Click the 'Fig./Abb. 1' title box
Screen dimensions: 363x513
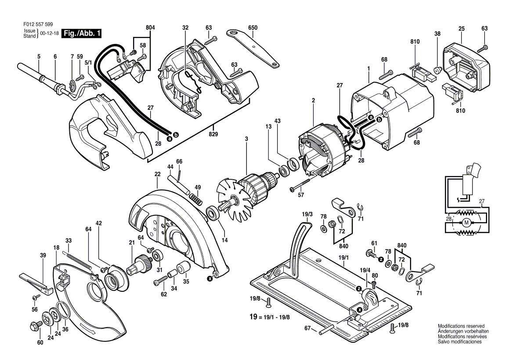pyautogui.click(x=83, y=33)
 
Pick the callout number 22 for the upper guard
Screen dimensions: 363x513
pyautogui.click(x=157, y=174)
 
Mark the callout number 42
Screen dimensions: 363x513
pyautogui.click(x=99, y=223)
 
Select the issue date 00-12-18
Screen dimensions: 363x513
pyautogui.click(x=49, y=33)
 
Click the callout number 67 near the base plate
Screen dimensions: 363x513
pyautogui.click(x=307, y=328)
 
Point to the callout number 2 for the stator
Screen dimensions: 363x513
pyautogui.click(x=313, y=101)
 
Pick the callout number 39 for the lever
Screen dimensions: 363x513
pyautogui.click(x=43, y=255)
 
